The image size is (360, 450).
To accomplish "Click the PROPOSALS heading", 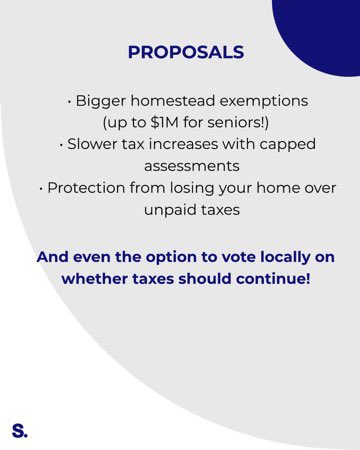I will pyautogui.click(x=185, y=53).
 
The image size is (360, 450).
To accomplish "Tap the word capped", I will pyautogui.click(x=274, y=144).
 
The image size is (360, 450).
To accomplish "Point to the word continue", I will pyautogui.click(x=273, y=278).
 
